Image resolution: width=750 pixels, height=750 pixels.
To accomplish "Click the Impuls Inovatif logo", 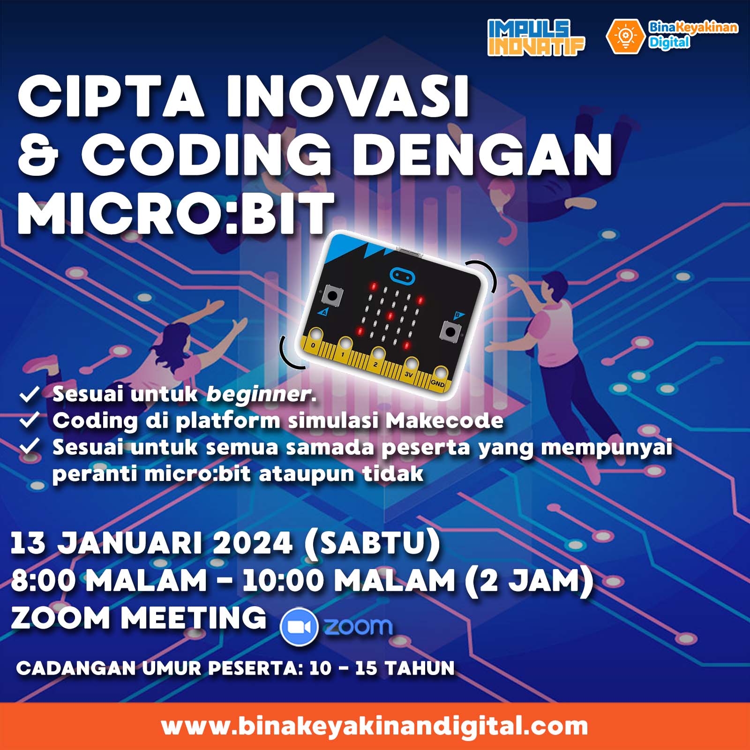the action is [536, 37].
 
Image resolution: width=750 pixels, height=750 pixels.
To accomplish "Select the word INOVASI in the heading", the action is [348, 96].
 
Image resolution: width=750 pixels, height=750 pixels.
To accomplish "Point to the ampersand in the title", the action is [38, 155].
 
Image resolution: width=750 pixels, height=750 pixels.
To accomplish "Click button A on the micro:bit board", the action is [332, 296].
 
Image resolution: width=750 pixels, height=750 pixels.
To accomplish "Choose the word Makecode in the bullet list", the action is [444, 420].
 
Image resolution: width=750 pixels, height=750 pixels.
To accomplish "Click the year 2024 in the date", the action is [253, 543].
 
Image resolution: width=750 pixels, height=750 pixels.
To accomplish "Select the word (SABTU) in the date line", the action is [372, 544].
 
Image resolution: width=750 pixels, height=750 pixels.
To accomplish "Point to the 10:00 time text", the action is [283, 581].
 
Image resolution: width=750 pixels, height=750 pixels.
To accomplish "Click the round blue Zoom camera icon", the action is [299, 627].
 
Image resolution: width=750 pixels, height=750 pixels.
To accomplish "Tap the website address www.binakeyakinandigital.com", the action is [375, 726].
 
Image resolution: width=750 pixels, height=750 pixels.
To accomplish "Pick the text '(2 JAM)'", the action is [529, 581].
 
